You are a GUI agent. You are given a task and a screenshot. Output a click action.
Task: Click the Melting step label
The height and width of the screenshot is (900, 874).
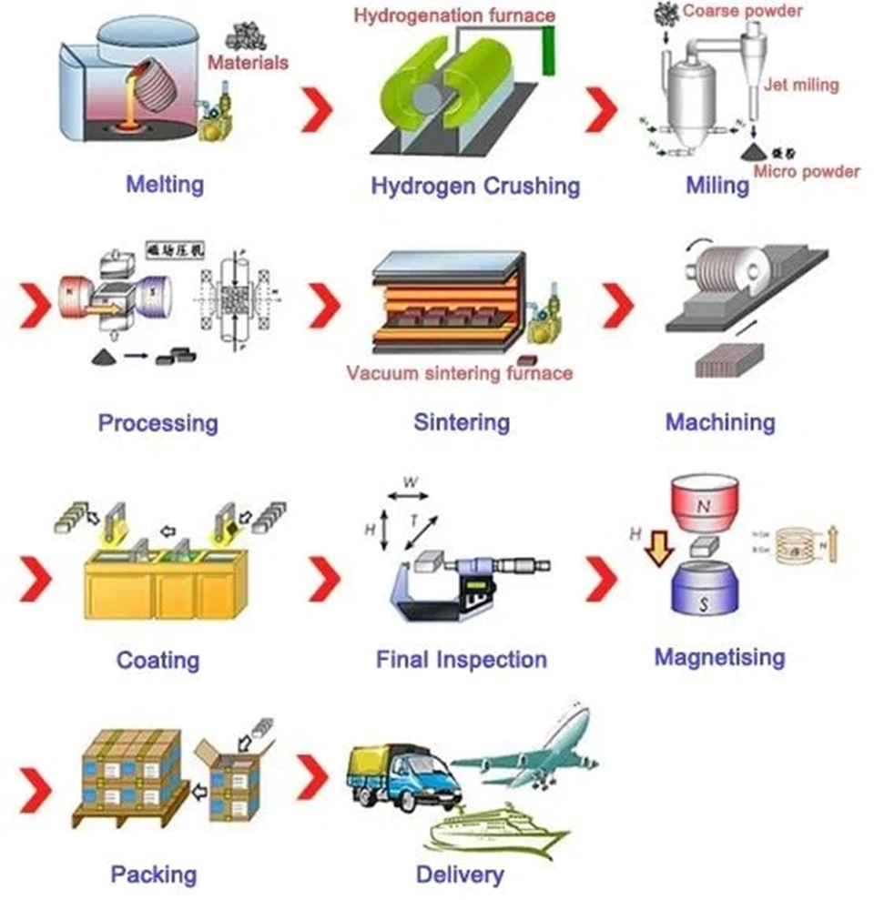click(x=164, y=184)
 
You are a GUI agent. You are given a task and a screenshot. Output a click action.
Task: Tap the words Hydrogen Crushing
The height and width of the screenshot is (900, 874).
click(x=474, y=187)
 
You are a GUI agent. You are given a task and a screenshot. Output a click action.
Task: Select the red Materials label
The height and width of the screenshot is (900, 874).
click(x=248, y=63)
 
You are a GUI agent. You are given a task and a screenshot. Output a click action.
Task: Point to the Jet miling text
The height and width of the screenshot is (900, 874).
click(x=802, y=86)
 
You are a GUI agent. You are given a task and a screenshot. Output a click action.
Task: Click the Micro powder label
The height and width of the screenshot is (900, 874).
click(x=807, y=171)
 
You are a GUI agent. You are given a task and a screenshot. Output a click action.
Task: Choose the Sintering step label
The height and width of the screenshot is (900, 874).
click(x=462, y=422)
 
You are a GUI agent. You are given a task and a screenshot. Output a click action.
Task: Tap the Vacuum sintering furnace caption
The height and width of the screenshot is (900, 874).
click(x=459, y=373)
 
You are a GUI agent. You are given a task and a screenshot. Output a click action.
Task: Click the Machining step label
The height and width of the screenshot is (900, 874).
click(x=720, y=422)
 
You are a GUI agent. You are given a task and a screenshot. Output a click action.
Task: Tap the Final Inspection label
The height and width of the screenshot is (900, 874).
click(x=462, y=659)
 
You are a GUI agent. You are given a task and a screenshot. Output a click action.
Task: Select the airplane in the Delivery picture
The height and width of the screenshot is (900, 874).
click(x=528, y=746)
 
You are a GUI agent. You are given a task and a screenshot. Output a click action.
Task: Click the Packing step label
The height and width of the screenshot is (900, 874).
click(x=153, y=875)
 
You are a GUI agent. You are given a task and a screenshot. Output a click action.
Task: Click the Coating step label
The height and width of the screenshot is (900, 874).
click(x=158, y=659)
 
